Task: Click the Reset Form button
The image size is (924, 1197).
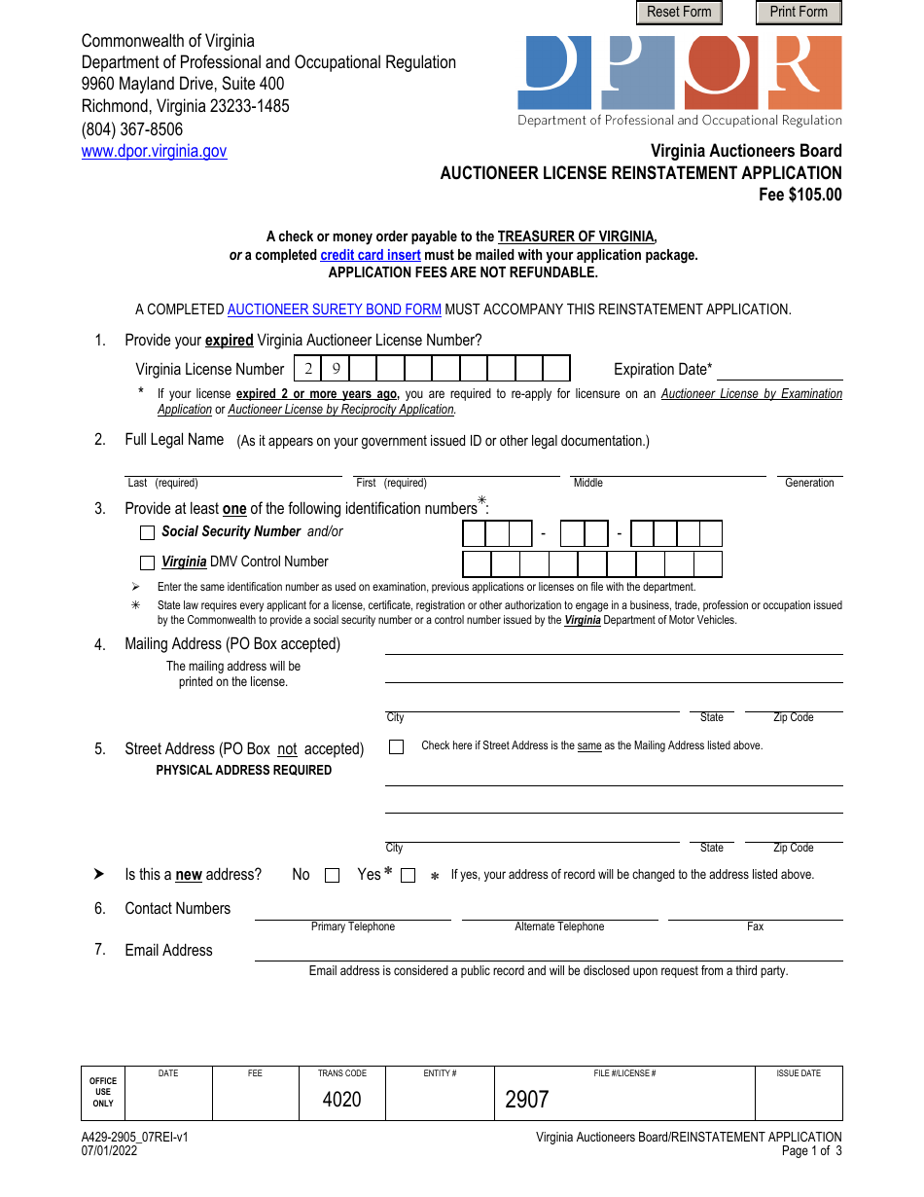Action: click(x=679, y=12)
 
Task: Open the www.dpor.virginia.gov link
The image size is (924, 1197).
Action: click(x=154, y=151)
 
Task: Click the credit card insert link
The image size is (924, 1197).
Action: click(x=371, y=255)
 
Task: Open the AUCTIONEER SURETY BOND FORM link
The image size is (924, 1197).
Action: click(x=335, y=309)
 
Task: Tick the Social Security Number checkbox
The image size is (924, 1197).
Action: click(x=147, y=532)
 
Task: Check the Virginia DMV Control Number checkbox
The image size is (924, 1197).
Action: click(x=147, y=562)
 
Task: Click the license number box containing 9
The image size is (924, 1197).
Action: click(x=335, y=368)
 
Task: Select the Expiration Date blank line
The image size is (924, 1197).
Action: click(x=779, y=370)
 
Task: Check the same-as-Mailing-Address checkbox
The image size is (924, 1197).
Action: click(x=396, y=747)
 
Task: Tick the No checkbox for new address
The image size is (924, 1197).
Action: click(x=332, y=875)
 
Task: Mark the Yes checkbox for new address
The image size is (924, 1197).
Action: click(x=408, y=875)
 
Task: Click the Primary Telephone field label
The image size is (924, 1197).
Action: click(x=353, y=926)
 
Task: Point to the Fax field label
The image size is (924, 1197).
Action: click(x=755, y=926)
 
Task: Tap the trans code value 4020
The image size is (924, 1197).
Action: click(x=341, y=1100)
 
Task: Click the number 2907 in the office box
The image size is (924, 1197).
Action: click(x=527, y=1100)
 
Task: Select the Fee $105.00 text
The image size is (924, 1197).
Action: click(x=800, y=195)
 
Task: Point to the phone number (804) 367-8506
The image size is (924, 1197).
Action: click(x=132, y=128)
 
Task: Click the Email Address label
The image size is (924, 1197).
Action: click(x=168, y=950)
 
